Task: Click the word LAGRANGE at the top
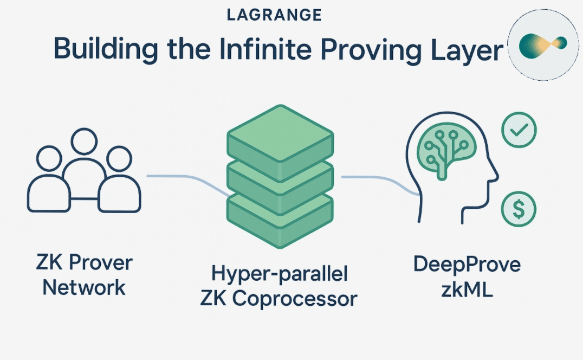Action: [x=274, y=15]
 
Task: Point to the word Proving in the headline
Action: [x=371, y=50]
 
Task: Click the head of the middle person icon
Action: [x=84, y=142]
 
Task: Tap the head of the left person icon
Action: [x=49, y=158]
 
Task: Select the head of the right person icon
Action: [x=119, y=159]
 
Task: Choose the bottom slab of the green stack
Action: [x=280, y=221]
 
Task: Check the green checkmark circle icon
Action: [x=519, y=130]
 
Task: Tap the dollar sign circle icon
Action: [x=519, y=209]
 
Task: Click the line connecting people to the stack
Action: [x=188, y=181]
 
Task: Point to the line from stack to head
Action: [x=381, y=182]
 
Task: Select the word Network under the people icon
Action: [x=84, y=287]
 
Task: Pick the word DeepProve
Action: [x=467, y=265]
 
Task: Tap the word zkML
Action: [x=467, y=289]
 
